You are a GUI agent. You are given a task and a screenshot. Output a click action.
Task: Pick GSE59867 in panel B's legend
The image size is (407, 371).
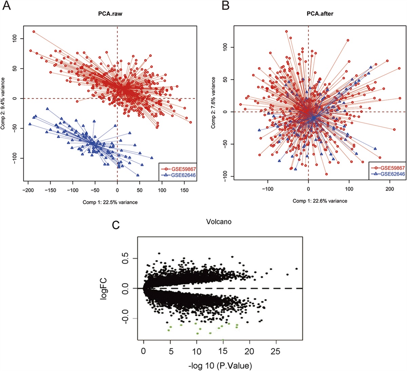tap(392, 168)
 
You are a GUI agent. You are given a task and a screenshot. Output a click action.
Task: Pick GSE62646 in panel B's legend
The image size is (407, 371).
tap(392, 174)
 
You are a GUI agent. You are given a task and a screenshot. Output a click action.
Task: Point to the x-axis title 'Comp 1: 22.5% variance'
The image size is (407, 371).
tap(110, 202)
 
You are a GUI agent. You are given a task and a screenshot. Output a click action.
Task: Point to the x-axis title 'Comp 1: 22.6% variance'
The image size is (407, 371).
tap(320, 201)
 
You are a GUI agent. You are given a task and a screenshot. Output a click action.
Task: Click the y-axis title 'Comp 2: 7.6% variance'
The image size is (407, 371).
tap(213, 102)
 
